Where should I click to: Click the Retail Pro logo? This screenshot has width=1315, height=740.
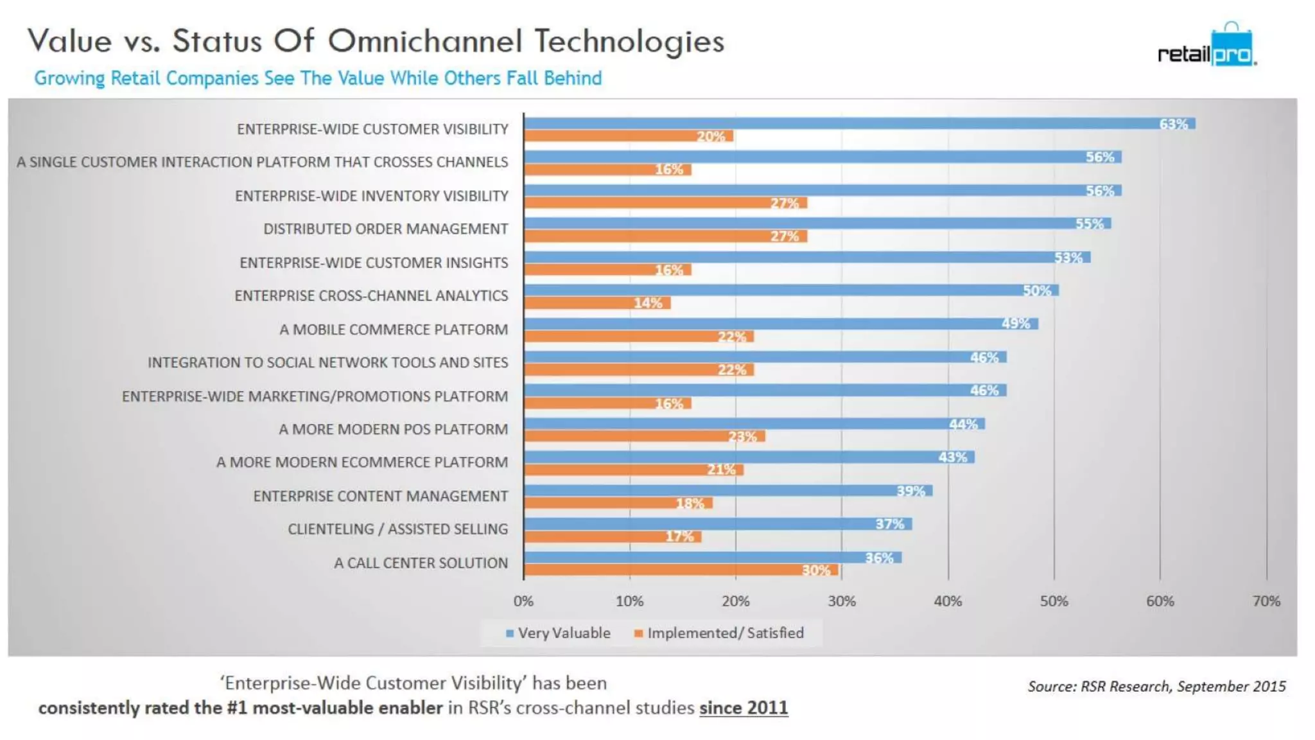click(x=1206, y=48)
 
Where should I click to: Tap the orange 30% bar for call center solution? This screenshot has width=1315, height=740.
click(x=681, y=570)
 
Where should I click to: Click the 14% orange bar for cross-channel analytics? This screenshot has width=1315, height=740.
click(x=597, y=303)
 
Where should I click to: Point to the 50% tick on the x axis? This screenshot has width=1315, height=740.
click(x=1054, y=601)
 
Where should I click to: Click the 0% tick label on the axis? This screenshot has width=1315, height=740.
click(x=523, y=601)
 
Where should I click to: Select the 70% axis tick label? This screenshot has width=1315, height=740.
click(x=1266, y=601)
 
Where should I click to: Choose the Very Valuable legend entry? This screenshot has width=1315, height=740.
click(x=558, y=633)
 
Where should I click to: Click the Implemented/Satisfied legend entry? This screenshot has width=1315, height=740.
click(x=719, y=633)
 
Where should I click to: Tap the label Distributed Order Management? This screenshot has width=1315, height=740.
click(x=385, y=229)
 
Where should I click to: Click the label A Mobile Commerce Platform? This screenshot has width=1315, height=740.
click(x=394, y=330)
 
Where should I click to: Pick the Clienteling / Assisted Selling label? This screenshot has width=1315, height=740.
click(x=397, y=529)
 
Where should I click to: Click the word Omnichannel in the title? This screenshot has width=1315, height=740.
click(x=424, y=41)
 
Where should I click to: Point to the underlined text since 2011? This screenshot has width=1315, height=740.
click(x=743, y=708)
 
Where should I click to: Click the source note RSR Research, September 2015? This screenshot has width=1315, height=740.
click(x=1156, y=687)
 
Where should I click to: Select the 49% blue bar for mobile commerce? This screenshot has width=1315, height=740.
click(x=780, y=324)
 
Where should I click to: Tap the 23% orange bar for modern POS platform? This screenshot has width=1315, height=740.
click(x=644, y=437)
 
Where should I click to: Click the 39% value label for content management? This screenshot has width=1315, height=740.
click(x=910, y=491)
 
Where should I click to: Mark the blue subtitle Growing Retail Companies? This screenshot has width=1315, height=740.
click(x=318, y=78)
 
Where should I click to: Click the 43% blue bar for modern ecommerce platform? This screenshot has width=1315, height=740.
click(x=749, y=457)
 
